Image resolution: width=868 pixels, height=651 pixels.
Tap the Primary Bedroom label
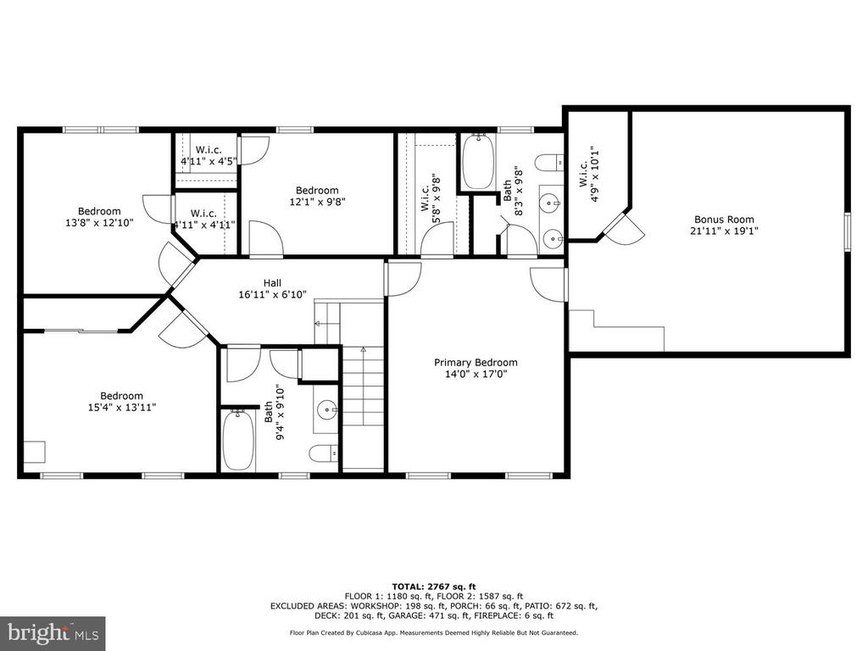click(x=476, y=363)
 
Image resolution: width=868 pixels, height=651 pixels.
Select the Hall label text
click(x=272, y=283)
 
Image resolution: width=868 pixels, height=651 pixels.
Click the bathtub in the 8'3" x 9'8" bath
click(x=478, y=161)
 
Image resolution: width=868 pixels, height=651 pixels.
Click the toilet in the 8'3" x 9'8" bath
click(x=549, y=162)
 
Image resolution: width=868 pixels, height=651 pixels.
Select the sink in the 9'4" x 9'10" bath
click(x=327, y=410)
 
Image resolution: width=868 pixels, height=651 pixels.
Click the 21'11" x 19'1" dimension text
click(x=724, y=231)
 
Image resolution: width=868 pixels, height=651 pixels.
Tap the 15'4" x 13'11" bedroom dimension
click(x=122, y=408)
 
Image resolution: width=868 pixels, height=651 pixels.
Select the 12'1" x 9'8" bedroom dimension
click(x=317, y=202)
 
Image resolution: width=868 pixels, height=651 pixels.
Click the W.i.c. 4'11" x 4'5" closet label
click(x=209, y=156)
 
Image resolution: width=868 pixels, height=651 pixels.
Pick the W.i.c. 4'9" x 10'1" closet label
click(x=588, y=174)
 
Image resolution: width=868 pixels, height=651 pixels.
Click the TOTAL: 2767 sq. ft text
click(x=434, y=587)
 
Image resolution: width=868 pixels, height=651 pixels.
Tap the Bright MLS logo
click(x=53, y=633)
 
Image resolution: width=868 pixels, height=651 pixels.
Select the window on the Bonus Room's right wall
click(x=847, y=231)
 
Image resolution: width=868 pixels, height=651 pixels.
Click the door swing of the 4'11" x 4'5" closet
click(x=253, y=149)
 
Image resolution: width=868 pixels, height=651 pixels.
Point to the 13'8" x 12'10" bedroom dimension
click(x=99, y=223)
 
